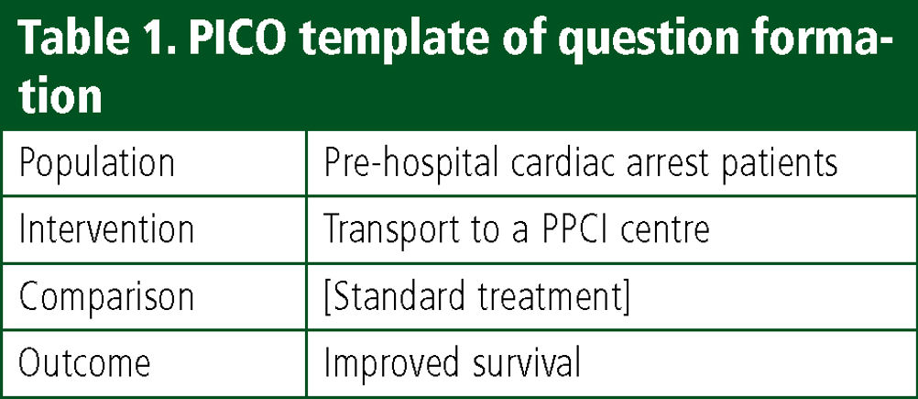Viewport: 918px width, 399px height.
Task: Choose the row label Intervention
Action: click(x=106, y=228)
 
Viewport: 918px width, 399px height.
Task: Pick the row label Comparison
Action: click(x=106, y=297)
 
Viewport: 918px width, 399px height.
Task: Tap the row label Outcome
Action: click(x=84, y=362)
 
